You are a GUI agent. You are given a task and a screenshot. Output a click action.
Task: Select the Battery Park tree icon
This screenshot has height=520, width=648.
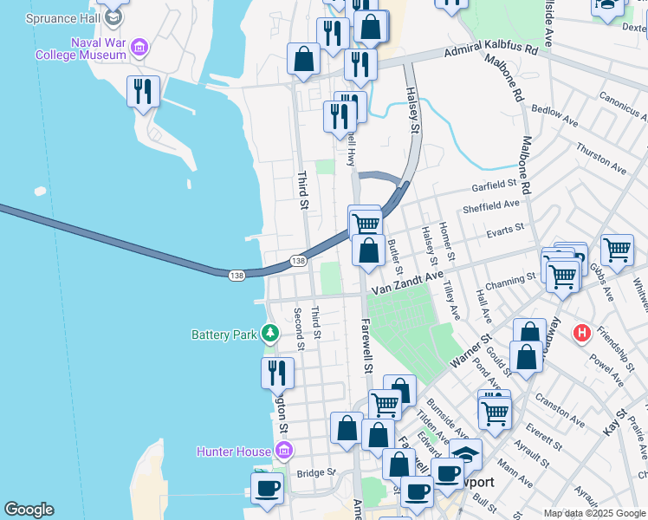click(x=270, y=333)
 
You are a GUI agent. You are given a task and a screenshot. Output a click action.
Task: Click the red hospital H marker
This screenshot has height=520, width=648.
click(x=582, y=333)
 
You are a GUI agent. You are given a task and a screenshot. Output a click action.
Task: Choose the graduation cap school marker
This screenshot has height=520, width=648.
click(x=465, y=453)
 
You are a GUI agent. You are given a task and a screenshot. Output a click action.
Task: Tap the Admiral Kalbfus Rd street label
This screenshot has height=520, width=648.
click(x=490, y=51)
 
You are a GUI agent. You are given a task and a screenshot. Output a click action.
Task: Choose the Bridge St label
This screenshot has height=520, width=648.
click(x=315, y=472)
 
